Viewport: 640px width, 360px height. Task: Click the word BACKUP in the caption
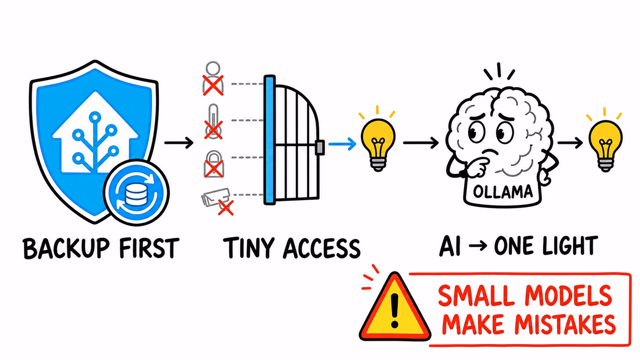coord(66,248)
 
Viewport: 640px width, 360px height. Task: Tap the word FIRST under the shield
coord(149,248)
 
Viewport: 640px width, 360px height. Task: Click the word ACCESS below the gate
coord(322,248)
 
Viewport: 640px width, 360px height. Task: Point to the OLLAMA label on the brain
coord(502,192)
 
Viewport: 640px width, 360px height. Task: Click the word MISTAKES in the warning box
coord(565,325)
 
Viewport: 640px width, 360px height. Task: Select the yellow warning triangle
coord(395,307)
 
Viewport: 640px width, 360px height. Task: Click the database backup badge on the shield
coord(136,192)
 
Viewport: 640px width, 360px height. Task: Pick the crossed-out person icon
coord(213,78)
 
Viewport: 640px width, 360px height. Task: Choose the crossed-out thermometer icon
coord(213,122)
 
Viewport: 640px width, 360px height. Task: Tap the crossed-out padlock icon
coord(214,164)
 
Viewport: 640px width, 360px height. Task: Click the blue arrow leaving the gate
coord(342,144)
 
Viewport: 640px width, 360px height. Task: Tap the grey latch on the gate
coord(319,147)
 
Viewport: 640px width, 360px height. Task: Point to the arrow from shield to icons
coord(179,143)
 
